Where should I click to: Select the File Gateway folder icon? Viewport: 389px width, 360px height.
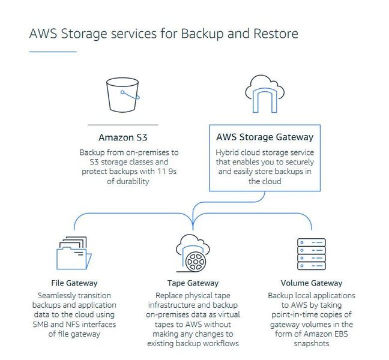click(74, 254)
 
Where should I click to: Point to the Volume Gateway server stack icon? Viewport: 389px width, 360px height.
click(311, 253)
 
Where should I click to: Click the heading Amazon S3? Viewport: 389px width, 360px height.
click(122, 137)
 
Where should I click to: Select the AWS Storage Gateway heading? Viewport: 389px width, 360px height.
click(264, 137)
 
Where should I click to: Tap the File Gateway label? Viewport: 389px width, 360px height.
click(74, 283)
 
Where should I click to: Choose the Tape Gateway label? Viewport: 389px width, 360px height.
click(193, 283)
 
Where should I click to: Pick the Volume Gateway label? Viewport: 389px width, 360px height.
click(311, 283)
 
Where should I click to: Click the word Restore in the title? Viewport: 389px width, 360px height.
click(273, 32)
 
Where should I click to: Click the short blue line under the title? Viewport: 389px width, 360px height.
click(53, 52)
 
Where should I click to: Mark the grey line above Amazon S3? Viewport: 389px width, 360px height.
click(122, 125)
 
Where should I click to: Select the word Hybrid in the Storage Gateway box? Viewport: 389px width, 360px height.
click(228, 152)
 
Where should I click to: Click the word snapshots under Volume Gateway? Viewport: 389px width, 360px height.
click(311, 344)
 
